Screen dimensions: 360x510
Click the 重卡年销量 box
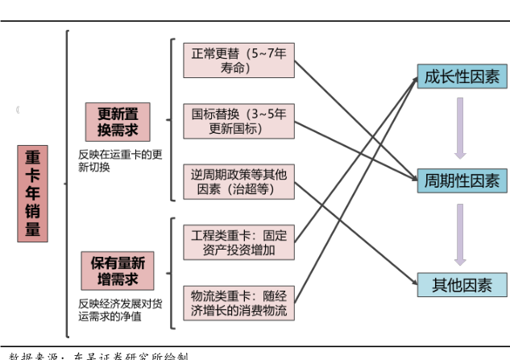click(x=33, y=193)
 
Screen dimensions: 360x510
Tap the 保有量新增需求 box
click(x=118, y=271)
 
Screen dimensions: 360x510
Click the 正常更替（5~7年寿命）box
click(x=238, y=61)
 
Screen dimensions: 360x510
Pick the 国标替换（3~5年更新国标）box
click(x=238, y=122)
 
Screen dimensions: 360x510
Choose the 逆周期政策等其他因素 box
click(x=238, y=181)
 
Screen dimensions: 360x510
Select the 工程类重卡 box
click(x=238, y=242)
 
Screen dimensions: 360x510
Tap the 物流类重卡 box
click(x=238, y=302)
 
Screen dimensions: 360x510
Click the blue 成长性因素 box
click(x=461, y=77)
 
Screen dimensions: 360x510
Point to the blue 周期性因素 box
click(x=461, y=180)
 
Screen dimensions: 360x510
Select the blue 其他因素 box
click(x=461, y=284)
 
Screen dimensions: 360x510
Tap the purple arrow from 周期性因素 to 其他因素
click(x=460, y=234)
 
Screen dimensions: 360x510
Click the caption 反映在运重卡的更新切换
click(x=120, y=160)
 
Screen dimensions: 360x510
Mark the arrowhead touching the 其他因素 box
click(x=412, y=283)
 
